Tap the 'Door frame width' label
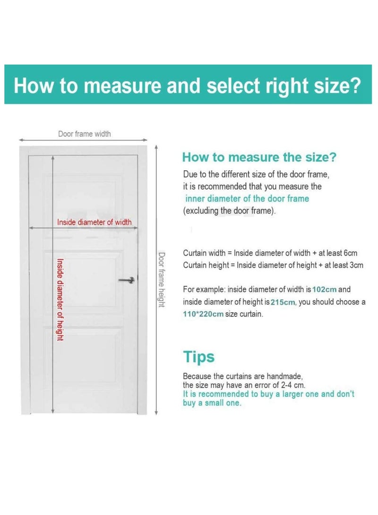tap(85, 134)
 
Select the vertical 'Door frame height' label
tap(161, 280)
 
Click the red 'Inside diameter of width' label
tap(94, 222)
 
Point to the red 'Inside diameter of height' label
tap(60, 299)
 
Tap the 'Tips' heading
tap(198, 357)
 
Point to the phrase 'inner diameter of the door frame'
tap(247, 199)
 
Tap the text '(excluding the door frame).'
tap(229, 211)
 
